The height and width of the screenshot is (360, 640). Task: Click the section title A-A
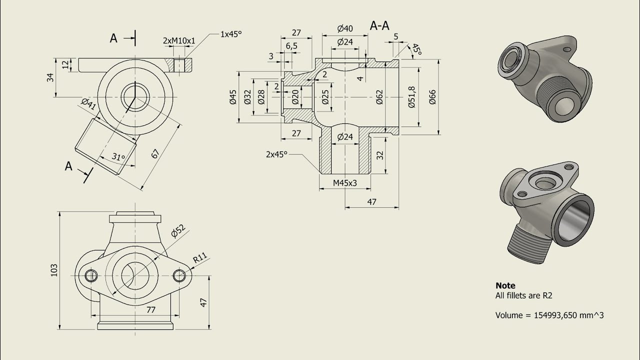click(379, 25)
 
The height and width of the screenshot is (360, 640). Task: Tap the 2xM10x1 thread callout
click(179, 41)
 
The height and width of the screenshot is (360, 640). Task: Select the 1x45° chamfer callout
click(231, 34)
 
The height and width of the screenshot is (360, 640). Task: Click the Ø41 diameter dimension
click(88, 104)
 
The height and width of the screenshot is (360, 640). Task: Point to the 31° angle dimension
click(118, 157)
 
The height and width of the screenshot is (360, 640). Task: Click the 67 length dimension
click(155, 153)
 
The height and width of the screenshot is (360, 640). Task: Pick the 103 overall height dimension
click(54, 270)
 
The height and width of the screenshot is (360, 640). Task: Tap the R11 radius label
click(200, 257)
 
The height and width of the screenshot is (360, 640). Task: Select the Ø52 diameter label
click(178, 231)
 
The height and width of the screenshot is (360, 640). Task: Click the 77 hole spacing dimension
click(150, 309)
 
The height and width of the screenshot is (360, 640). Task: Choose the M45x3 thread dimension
click(345, 183)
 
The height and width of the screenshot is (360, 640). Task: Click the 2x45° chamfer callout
click(276, 154)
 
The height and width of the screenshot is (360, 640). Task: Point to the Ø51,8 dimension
click(411, 97)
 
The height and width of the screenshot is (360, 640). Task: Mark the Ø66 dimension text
click(432, 97)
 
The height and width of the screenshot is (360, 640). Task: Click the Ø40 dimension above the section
click(345, 28)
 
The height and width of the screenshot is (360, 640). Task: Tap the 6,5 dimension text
click(291, 45)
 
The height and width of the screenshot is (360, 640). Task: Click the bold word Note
click(505, 285)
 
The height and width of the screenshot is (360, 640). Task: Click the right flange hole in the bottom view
click(179, 275)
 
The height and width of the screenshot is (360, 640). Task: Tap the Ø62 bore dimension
click(379, 97)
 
